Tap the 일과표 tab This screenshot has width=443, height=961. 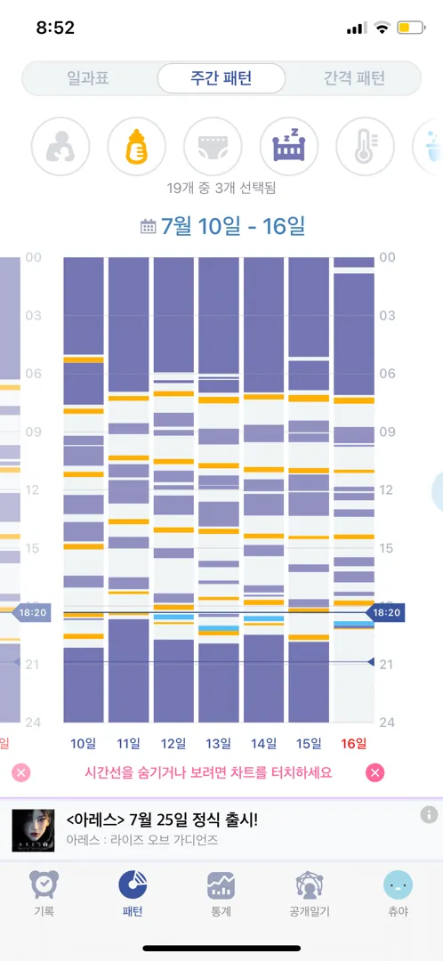(x=88, y=78)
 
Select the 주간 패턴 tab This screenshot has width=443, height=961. (x=221, y=78)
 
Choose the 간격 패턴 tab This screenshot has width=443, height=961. (x=353, y=78)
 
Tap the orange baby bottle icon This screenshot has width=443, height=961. (x=137, y=146)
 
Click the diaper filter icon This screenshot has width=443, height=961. (x=213, y=146)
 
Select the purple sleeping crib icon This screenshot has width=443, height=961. (x=289, y=146)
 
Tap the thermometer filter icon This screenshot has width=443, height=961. (x=366, y=146)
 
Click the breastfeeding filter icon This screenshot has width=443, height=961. (x=60, y=146)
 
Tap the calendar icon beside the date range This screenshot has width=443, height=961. (x=149, y=228)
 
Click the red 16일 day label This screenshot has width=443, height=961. (x=353, y=744)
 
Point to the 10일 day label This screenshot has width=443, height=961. (x=84, y=744)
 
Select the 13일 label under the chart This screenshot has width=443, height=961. (x=218, y=744)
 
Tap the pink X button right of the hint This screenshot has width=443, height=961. (x=375, y=772)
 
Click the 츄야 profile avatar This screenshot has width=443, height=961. (x=398, y=885)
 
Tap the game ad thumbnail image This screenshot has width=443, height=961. (x=28, y=830)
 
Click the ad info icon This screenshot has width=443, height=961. (x=429, y=814)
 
